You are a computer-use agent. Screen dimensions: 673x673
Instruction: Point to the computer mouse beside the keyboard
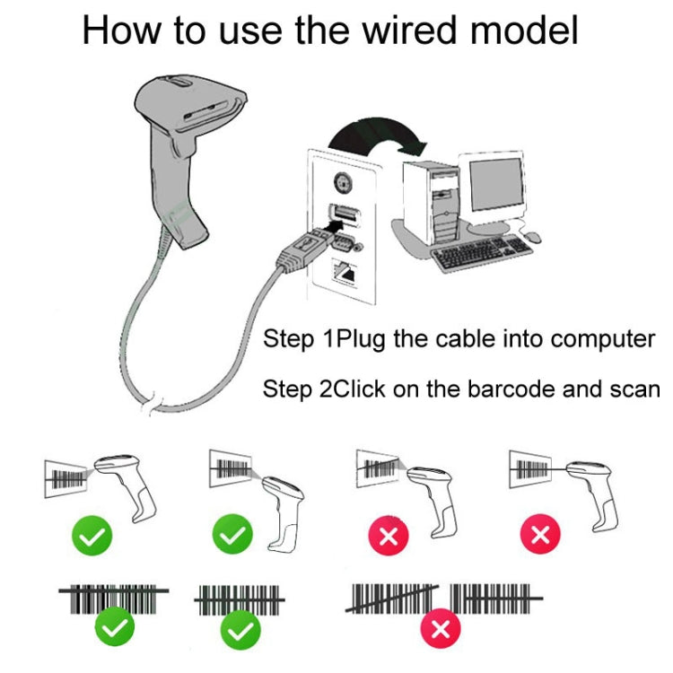532,236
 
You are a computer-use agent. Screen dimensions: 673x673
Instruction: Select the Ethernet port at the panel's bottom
343,269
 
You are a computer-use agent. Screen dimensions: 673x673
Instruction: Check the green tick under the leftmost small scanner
92,537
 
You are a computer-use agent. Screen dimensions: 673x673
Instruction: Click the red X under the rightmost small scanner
540,537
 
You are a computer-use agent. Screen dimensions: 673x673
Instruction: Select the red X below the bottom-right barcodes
440,628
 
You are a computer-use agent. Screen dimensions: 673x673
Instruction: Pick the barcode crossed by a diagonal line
393,599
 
